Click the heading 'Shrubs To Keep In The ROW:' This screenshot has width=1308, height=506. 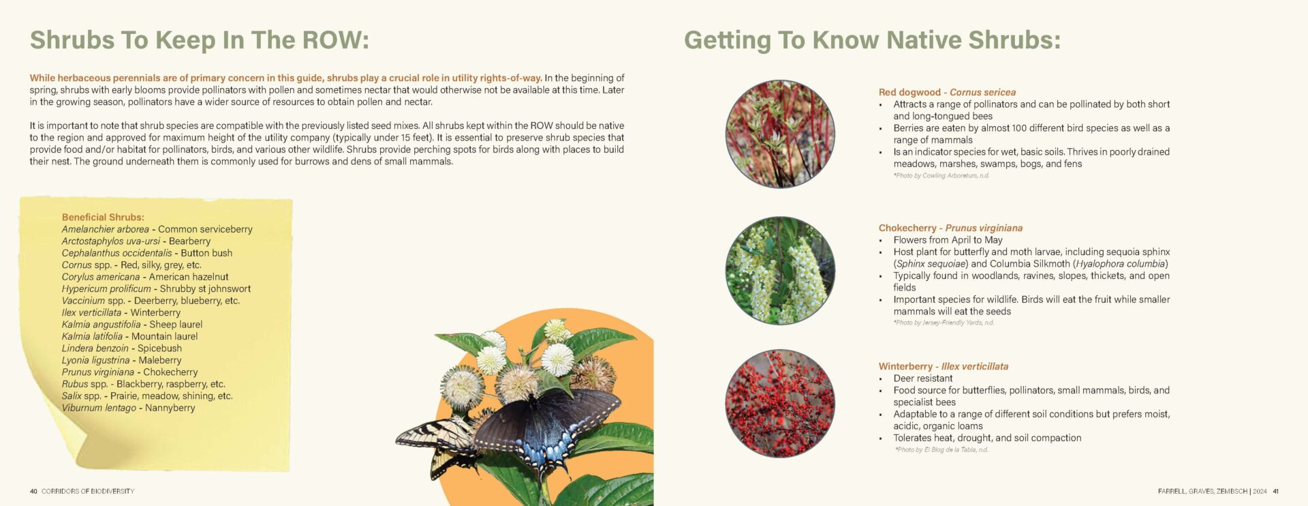[199, 40]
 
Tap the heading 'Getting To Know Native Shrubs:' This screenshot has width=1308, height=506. [872, 40]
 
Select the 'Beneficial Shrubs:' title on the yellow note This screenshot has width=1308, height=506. [103, 217]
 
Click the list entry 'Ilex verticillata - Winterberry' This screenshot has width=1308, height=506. [121, 312]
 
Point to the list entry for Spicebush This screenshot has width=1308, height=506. [122, 348]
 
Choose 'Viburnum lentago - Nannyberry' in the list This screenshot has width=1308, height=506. [129, 408]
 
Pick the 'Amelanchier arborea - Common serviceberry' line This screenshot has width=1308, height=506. [157, 229]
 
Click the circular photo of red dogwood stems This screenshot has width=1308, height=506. [780, 134]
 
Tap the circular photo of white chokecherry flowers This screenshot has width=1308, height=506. [780, 271]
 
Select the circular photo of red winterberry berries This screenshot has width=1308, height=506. [780, 403]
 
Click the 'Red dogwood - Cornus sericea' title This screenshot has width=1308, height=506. [947, 92]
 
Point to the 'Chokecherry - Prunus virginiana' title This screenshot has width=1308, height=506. [950, 228]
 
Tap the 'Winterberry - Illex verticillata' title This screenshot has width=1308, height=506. [944, 366]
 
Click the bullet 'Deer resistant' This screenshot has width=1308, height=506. [923, 378]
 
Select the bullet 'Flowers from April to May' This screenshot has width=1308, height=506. [948, 240]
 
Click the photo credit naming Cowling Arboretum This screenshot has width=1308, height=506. [941, 176]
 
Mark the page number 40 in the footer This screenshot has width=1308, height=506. [33, 491]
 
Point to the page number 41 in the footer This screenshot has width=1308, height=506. [1276, 491]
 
